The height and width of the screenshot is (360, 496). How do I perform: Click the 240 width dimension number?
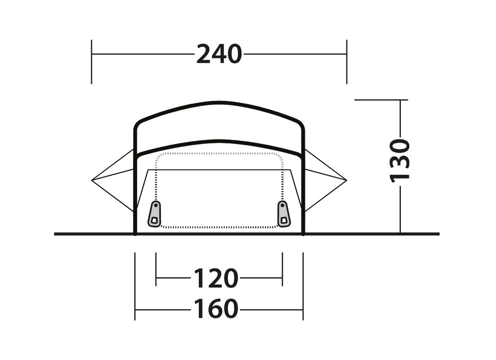219,54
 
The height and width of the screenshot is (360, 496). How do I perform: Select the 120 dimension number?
216,278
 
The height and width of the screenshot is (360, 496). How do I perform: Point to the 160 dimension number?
216,309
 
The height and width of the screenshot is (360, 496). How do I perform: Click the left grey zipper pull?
154,214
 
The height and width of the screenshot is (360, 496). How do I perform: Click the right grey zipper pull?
284,214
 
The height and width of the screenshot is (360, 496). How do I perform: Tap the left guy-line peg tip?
92,180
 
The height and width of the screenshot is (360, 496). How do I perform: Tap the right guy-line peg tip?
346,180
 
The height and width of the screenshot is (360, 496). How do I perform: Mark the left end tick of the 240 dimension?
91,62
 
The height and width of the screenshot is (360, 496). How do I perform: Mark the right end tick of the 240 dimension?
347,62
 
